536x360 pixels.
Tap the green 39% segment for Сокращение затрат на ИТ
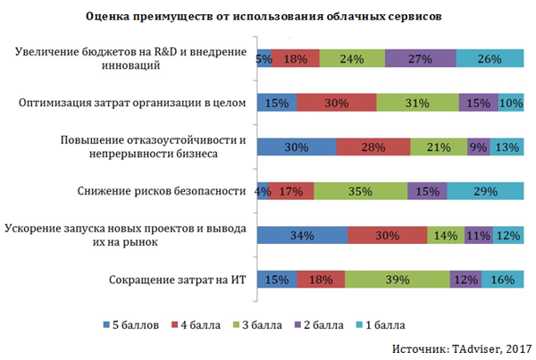[x=397, y=280]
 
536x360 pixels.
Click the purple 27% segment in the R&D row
[x=420, y=59]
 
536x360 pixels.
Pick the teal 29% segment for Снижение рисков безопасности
[x=485, y=191]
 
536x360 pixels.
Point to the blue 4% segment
[x=262, y=191]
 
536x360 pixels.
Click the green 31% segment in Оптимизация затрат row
[x=417, y=103]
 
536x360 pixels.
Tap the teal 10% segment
[x=511, y=103]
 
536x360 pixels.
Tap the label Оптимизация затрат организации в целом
[x=131, y=103]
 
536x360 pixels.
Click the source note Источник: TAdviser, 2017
[x=461, y=346]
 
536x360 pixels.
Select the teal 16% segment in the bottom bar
[x=503, y=280]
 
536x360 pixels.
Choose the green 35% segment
[x=360, y=191]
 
